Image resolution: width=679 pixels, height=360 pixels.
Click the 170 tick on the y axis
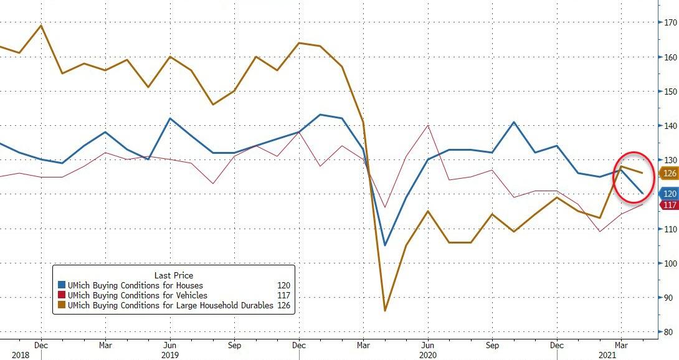coord(670,23)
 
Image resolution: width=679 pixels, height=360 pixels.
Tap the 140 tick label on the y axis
coord(670,126)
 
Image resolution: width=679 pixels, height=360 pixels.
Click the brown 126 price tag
coord(669,173)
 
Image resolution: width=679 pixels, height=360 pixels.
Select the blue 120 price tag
coord(669,194)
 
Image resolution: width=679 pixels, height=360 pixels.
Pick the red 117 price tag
coord(669,205)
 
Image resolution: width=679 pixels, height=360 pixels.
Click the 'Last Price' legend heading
coord(173,275)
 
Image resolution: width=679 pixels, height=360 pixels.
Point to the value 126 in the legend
coord(283,305)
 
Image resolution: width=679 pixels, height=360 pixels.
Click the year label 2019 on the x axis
coord(170,354)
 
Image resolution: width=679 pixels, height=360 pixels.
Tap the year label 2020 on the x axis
coord(427,354)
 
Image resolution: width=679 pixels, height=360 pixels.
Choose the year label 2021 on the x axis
coord(620,354)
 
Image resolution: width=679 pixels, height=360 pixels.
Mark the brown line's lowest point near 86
coord(384,310)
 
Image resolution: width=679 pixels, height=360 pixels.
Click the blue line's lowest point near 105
coord(384,245)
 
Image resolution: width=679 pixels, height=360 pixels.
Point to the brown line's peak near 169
coord(40,26)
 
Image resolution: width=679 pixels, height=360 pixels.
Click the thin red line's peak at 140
coord(427,126)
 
